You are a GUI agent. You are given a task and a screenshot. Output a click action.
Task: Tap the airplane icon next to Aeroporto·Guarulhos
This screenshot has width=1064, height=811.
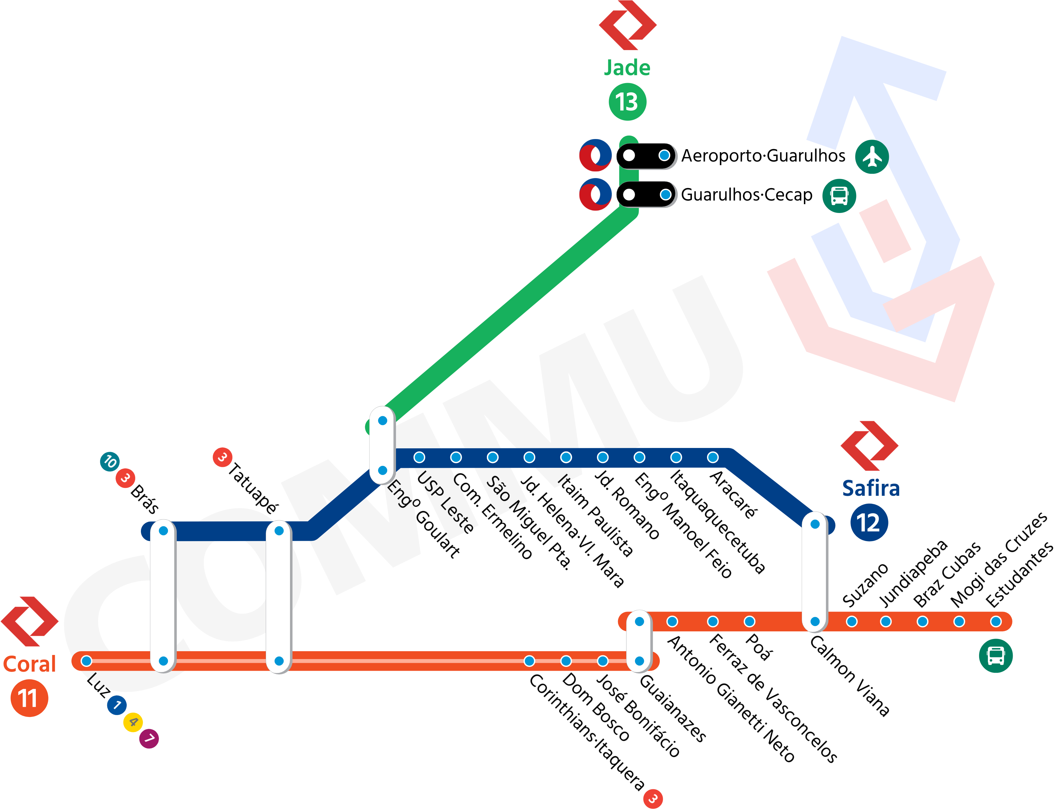click(872, 156)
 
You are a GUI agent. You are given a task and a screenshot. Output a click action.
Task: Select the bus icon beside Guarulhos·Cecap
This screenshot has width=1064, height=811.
click(839, 195)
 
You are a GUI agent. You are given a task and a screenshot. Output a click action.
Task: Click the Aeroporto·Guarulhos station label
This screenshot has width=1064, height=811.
click(763, 156)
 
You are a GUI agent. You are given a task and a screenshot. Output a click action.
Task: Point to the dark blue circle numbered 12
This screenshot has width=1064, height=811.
click(869, 523)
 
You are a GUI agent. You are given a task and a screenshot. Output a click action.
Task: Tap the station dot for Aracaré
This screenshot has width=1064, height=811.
click(713, 457)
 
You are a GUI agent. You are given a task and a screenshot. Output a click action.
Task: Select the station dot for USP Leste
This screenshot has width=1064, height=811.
click(419, 457)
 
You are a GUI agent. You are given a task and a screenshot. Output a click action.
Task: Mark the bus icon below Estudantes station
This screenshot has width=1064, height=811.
click(995, 656)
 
